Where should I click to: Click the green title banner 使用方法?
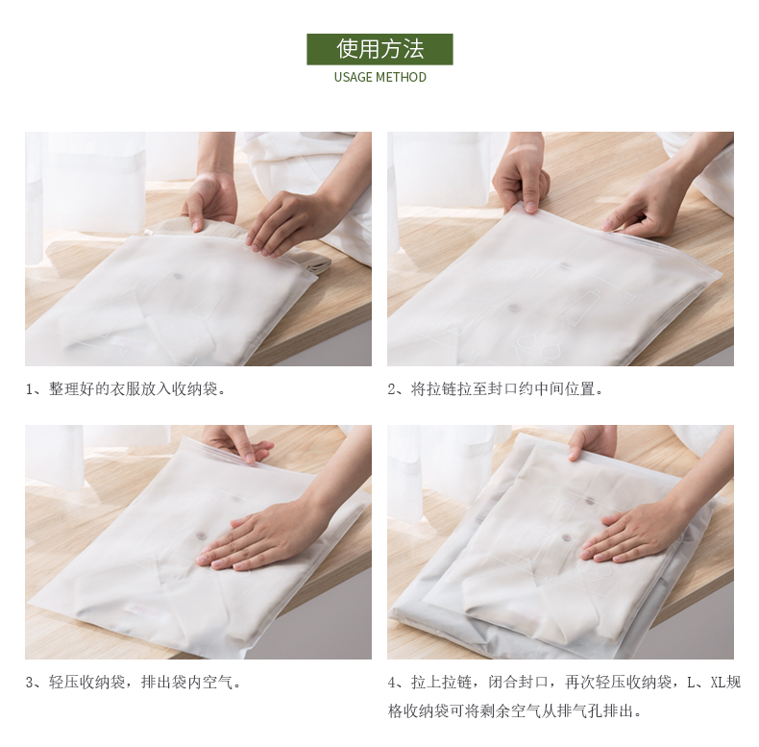click(379, 49)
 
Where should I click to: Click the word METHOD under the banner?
click(401, 78)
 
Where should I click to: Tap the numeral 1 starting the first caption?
click(29, 389)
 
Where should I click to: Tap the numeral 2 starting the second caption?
click(391, 389)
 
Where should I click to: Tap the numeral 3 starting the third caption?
click(29, 683)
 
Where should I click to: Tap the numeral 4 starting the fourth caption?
click(391, 683)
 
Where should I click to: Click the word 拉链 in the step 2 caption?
click(441, 389)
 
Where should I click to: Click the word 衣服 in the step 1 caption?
click(126, 389)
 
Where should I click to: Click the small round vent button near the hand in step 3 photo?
click(201, 535)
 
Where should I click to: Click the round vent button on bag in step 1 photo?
click(178, 277)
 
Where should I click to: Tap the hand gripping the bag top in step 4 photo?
click(592, 442)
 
